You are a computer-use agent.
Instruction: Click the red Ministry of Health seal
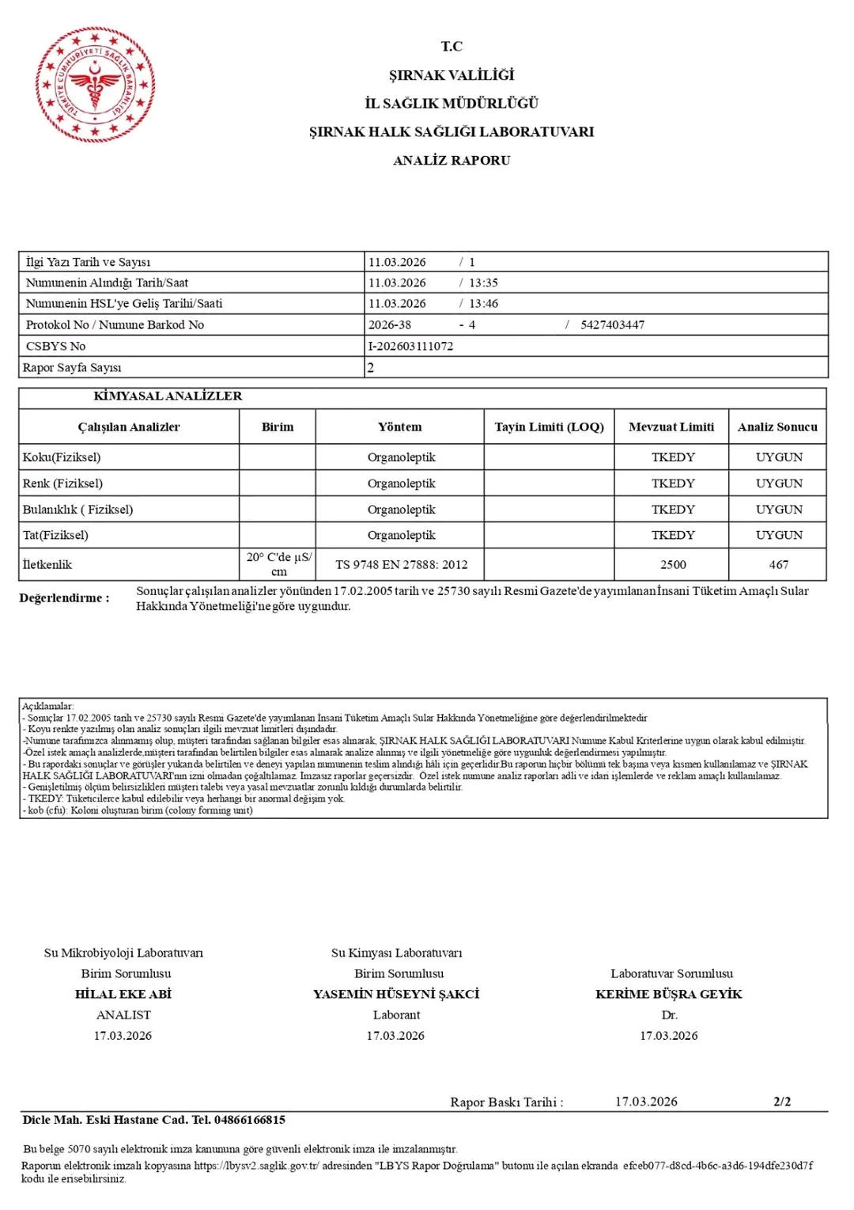click(x=95, y=85)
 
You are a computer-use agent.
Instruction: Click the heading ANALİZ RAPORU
click(x=452, y=161)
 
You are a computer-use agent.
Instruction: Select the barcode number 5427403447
click(x=612, y=325)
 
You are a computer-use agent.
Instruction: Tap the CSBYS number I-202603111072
click(x=410, y=347)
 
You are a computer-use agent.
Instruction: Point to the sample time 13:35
click(x=483, y=283)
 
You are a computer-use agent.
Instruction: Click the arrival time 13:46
click(x=483, y=304)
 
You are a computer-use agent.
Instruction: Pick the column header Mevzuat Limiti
click(x=671, y=427)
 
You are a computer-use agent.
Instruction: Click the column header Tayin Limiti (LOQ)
click(x=549, y=427)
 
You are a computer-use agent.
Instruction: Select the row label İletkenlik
click(x=47, y=565)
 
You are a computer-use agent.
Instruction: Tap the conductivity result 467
click(x=779, y=565)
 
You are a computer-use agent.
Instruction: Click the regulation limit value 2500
click(x=673, y=565)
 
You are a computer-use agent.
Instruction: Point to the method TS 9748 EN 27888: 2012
click(x=401, y=565)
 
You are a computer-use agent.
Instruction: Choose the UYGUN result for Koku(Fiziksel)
click(x=779, y=457)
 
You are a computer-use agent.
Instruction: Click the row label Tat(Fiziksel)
click(x=55, y=536)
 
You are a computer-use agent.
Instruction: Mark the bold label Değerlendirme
click(x=64, y=598)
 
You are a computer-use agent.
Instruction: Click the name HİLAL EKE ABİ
click(x=123, y=995)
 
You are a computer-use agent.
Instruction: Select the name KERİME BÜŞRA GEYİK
click(x=669, y=995)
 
